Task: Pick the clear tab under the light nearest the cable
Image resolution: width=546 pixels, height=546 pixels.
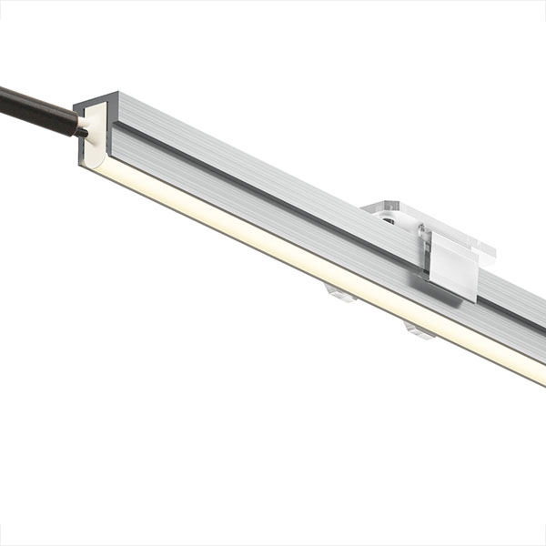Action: pos(339,293)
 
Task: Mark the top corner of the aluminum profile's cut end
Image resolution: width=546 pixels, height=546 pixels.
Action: pos(113,94)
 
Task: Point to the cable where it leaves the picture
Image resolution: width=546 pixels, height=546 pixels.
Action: pos(4,94)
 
